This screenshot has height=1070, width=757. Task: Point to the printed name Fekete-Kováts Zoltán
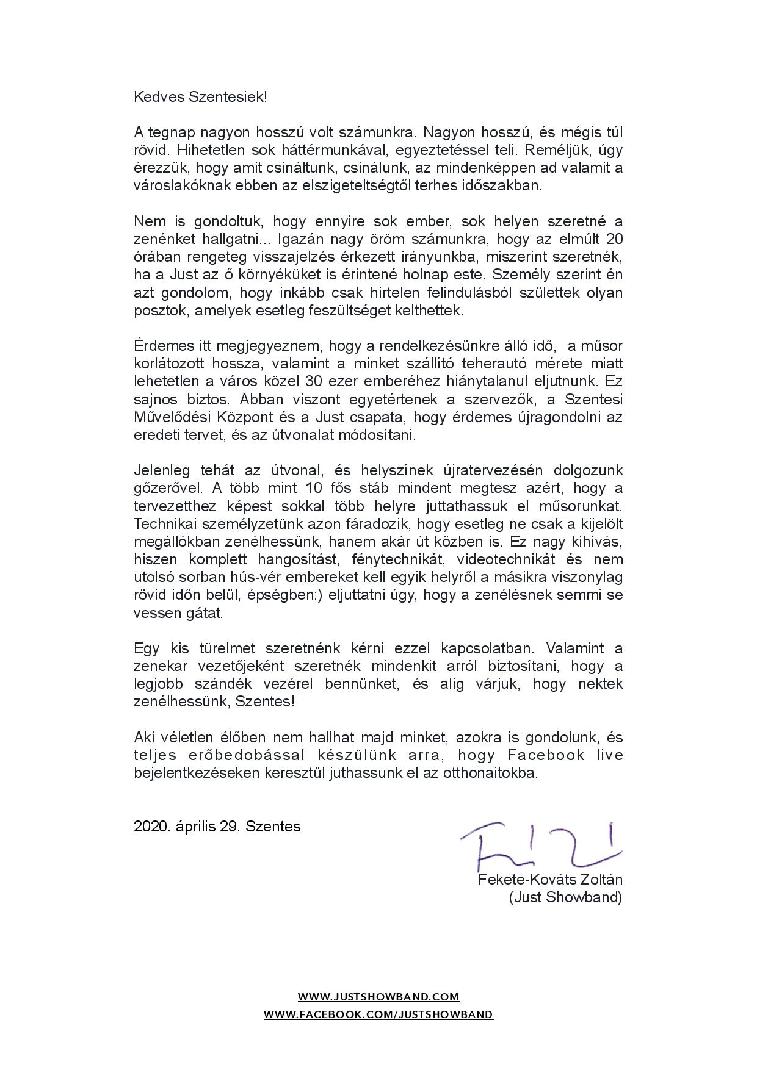(551, 880)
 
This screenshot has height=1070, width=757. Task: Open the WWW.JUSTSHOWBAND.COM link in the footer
(378, 997)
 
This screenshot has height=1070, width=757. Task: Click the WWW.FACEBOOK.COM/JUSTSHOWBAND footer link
(378, 1015)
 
